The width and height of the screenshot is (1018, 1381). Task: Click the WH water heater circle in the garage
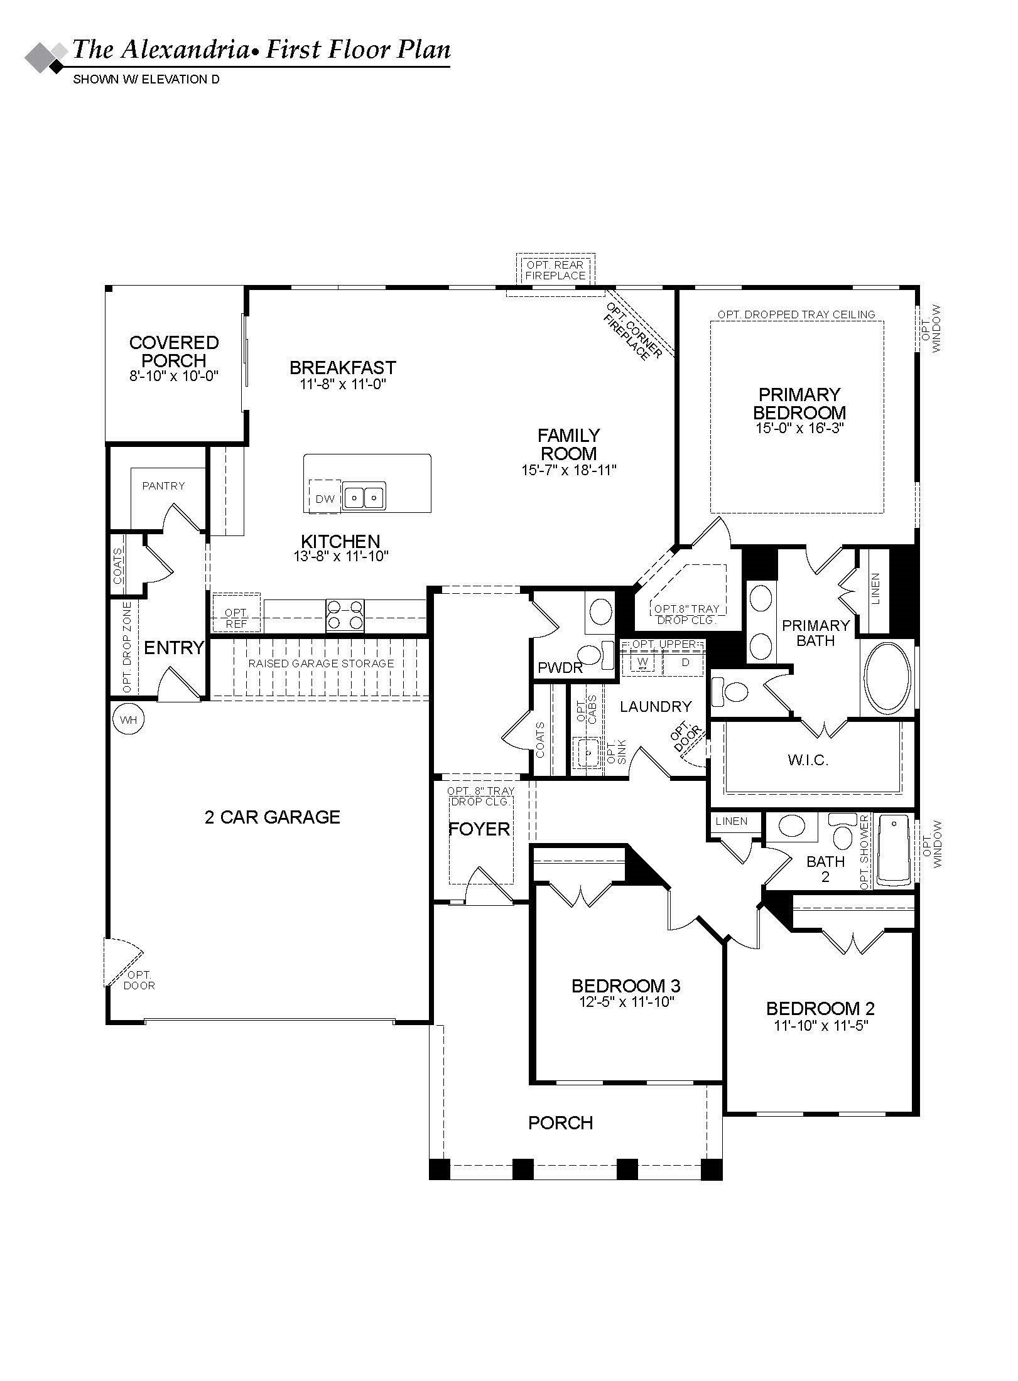[128, 720]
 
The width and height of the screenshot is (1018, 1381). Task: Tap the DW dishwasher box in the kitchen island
[325, 499]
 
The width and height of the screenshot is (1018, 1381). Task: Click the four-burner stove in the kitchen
[345, 615]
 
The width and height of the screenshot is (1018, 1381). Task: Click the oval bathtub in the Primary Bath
[888, 678]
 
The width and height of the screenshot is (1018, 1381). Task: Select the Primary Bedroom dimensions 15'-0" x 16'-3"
[799, 428]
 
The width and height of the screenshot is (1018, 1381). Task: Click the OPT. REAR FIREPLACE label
[555, 271]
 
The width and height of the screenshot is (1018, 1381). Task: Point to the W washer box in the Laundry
[642, 663]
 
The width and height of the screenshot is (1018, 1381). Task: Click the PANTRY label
[163, 486]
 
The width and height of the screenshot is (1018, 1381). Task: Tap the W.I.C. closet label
[808, 761]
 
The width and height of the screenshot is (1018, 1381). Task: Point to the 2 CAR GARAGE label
[273, 817]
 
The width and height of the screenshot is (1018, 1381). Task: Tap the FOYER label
[479, 829]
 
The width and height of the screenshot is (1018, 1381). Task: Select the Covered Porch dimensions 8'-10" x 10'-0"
[174, 377]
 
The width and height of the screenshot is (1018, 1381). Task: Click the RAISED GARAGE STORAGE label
[321, 664]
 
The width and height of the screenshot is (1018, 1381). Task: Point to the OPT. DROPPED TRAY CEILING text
[796, 314]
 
